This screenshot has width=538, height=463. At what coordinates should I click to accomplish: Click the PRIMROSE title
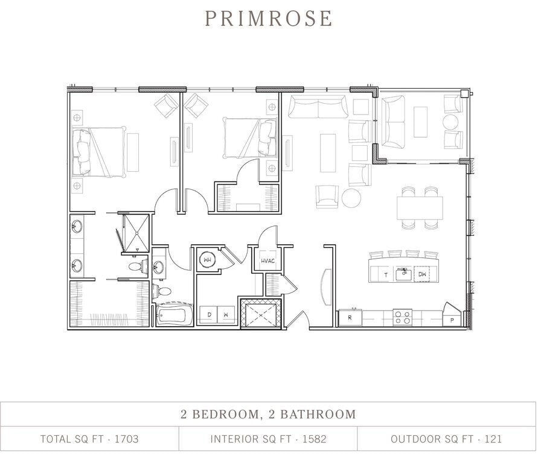(269, 18)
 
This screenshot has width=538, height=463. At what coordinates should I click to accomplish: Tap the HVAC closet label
(267, 262)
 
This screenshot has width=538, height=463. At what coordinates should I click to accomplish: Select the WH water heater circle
(207, 260)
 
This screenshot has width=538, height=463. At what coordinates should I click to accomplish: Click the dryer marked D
(210, 315)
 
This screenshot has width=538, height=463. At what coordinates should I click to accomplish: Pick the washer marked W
(225, 315)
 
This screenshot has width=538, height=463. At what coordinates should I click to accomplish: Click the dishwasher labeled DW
(422, 274)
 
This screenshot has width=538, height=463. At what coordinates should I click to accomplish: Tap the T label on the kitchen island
(386, 275)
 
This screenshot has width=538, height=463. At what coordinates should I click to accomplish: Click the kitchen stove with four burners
(402, 316)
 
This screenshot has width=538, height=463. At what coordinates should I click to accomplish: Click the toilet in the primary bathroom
(136, 265)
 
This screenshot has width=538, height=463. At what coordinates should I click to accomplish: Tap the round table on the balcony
(451, 122)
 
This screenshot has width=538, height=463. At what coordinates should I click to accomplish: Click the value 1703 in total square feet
(126, 439)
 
